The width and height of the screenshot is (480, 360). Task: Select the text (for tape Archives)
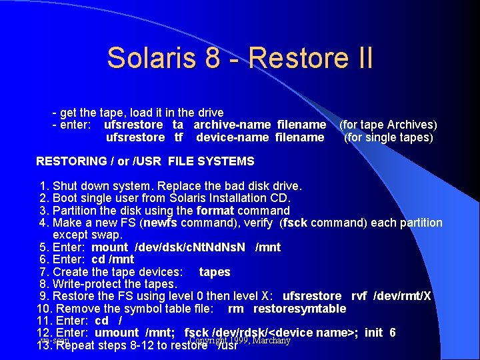(x=388, y=125)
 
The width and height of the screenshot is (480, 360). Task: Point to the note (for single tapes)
(x=388, y=137)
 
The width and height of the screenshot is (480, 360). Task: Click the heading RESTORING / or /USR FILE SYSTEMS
(x=145, y=161)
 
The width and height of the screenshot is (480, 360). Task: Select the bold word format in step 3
(x=215, y=211)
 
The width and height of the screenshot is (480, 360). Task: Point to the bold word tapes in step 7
(x=215, y=272)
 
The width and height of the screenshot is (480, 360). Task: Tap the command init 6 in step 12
(x=381, y=333)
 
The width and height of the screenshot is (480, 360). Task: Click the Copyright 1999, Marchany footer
(x=240, y=341)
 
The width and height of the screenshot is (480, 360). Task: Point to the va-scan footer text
(x=55, y=341)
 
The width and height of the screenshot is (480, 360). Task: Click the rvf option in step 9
(x=364, y=296)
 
